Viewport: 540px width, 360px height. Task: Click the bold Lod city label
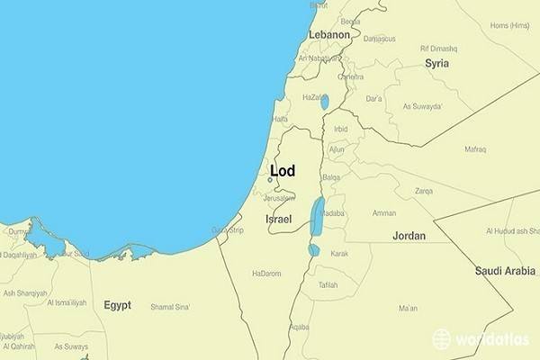pyautogui.click(x=282, y=170)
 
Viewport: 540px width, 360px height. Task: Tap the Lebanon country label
pyautogui.click(x=328, y=34)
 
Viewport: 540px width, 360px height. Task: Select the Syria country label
pyautogui.click(x=437, y=63)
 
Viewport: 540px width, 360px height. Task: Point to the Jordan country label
pyautogui.click(x=409, y=235)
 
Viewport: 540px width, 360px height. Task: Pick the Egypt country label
pyautogui.click(x=117, y=305)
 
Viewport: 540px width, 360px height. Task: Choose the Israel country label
pyautogui.click(x=278, y=219)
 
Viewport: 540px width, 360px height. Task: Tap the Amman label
pyautogui.click(x=384, y=213)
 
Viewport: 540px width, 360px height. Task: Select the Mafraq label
pyautogui.click(x=475, y=148)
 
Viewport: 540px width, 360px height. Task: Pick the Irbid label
pyautogui.click(x=340, y=129)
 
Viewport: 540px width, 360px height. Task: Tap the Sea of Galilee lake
pyautogui.click(x=324, y=102)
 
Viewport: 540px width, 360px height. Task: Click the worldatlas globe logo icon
pyautogui.click(x=442, y=338)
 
